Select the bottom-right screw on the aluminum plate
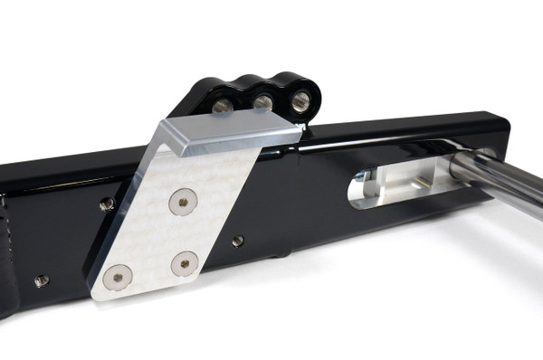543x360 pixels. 186,265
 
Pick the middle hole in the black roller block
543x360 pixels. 263,102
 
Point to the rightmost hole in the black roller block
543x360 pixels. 300,99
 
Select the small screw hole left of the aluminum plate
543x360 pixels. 107,205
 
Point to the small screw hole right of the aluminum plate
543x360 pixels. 237,242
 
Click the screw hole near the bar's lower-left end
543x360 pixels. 41,281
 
